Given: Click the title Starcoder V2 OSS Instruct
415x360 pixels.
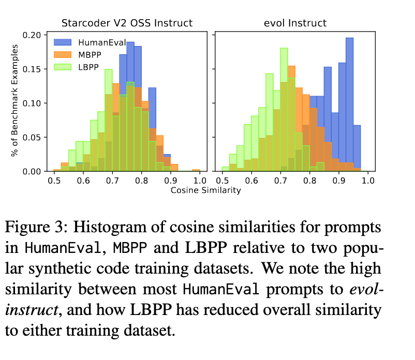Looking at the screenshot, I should [127, 23].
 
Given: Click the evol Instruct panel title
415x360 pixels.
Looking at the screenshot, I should [292, 23].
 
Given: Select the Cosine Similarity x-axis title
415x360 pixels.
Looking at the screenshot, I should [206, 190].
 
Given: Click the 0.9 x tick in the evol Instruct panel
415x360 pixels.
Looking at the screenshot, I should [339, 181].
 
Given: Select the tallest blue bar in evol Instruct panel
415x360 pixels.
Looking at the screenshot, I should [350, 103].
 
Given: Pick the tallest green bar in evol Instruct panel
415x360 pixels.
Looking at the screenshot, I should [284, 109].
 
